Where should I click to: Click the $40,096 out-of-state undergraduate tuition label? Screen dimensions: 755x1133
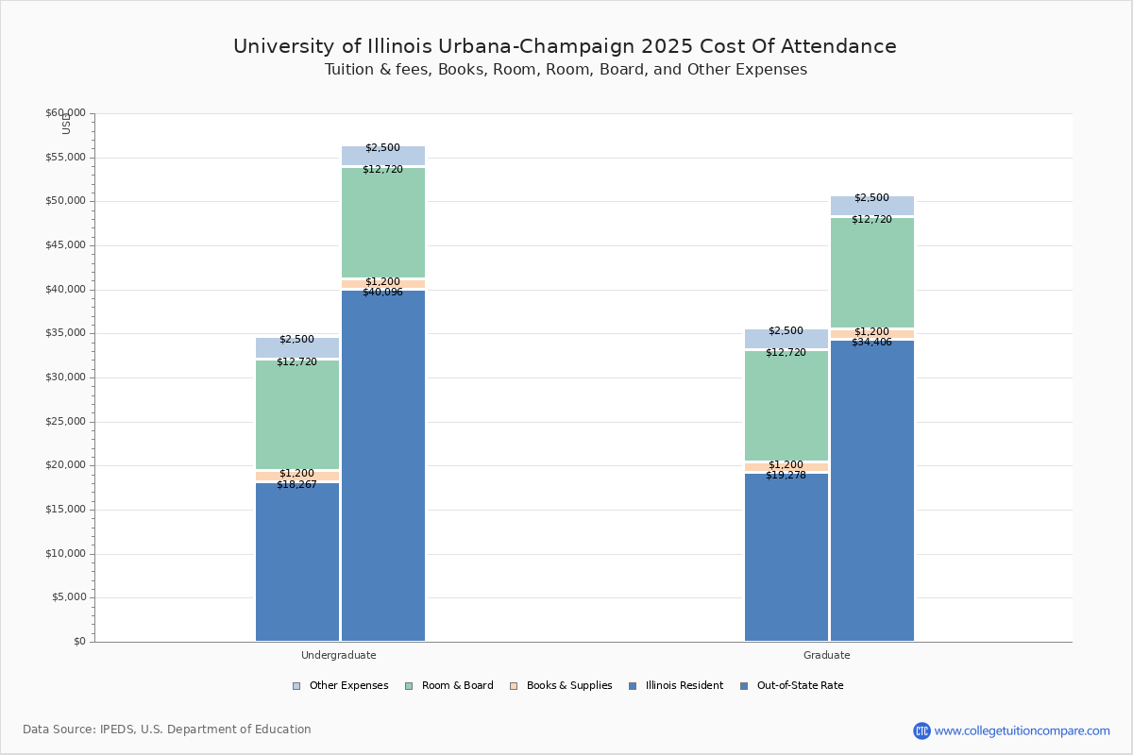[382, 293]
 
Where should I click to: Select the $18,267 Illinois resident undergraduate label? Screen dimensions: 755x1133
[296, 485]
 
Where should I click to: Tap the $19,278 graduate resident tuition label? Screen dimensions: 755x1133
[786, 476]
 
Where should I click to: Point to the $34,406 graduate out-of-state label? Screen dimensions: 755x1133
[871, 343]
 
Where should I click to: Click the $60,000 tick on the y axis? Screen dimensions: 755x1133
[65, 113]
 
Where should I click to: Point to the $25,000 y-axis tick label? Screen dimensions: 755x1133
[65, 422]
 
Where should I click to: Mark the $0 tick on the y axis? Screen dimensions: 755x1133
[77, 642]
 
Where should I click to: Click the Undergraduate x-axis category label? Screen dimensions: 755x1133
[339, 655]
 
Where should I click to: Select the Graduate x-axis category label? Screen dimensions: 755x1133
[827, 655]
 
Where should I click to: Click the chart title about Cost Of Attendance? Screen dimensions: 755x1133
[565, 47]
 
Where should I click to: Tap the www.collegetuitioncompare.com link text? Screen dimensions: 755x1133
[1022, 730]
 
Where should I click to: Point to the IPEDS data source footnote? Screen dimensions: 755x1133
[167, 730]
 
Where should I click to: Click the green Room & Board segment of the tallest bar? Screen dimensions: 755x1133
[383, 226]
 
